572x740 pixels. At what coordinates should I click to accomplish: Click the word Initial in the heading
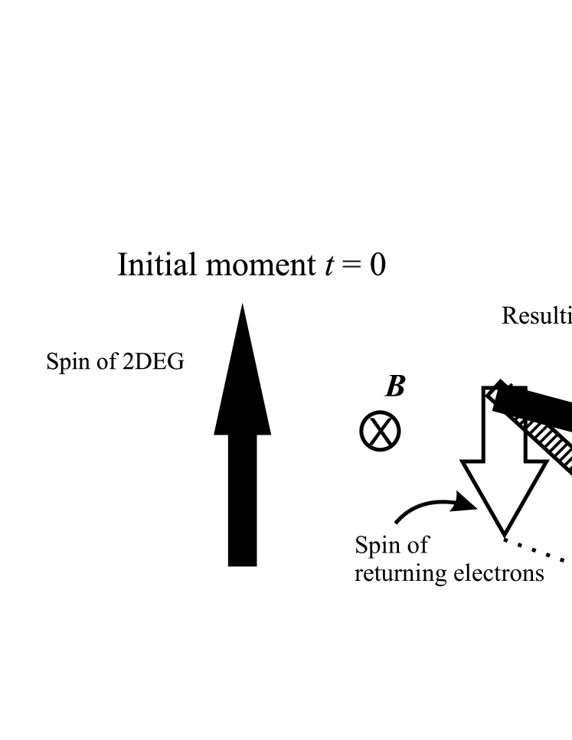coord(157,266)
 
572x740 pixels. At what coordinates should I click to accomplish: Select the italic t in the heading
coord(322,266)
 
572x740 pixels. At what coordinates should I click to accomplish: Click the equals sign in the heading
coord(347,266)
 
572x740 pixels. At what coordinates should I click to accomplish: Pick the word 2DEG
coord(152,361)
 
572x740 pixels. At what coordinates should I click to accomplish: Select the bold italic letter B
coord(394,387)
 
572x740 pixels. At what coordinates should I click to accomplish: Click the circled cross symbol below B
coord(380,432)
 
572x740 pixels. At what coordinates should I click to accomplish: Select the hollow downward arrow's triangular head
coord(504,494)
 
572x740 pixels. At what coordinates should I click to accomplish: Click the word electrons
coord(497,572)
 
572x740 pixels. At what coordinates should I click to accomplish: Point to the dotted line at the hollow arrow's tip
coord(536,551)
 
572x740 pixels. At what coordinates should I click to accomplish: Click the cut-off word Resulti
coord(536,315)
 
